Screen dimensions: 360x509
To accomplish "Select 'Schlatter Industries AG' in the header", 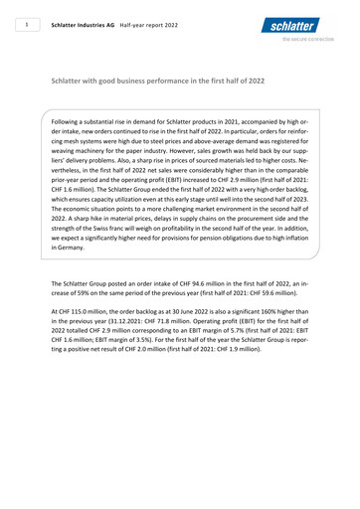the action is (x=83, y=27).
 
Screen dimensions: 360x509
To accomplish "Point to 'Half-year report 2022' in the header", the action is (x=151, y=27).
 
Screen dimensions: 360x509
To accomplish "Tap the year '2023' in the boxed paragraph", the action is (x=298, y=200).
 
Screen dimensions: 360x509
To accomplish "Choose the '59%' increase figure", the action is (x=88, y=295).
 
